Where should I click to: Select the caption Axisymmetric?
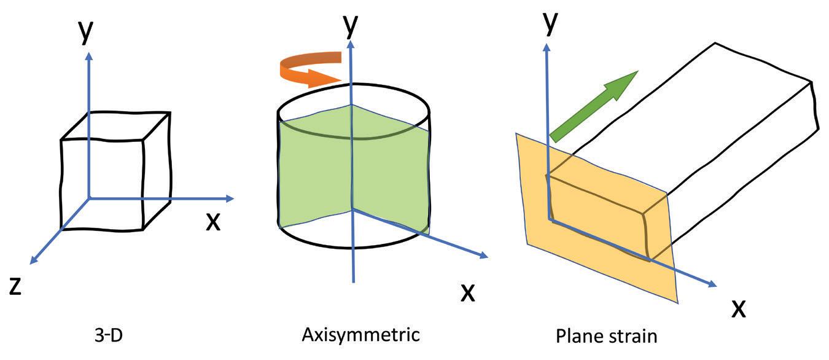360,335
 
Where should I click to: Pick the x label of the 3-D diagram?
212,221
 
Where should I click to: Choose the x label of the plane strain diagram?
739,307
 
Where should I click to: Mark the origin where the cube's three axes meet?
90,198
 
